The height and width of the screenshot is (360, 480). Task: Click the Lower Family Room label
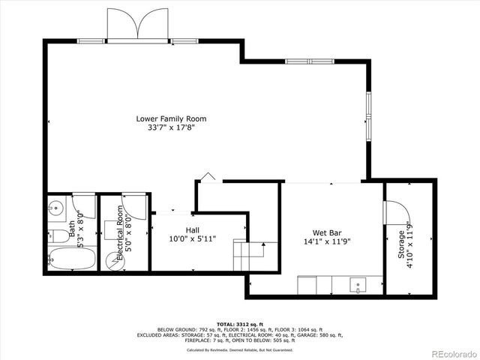point(171,118)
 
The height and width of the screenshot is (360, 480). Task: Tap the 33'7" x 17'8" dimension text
point(171,128)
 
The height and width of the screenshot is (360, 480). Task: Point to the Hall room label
point(192,229)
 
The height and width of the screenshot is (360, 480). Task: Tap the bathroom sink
point(55,208)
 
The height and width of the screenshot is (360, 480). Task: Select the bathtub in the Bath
point(72,259)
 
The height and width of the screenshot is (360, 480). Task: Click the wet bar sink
point(358,284)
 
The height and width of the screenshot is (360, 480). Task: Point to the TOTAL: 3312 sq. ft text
point(239,322)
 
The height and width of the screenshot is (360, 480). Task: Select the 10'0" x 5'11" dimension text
point(192,239)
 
